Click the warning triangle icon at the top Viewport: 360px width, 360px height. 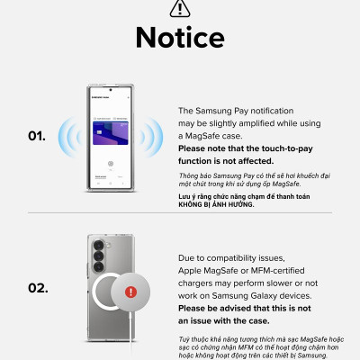180,9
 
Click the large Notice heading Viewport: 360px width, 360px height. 180,38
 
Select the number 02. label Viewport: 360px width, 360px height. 37,289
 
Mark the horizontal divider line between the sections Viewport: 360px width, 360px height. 180,214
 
